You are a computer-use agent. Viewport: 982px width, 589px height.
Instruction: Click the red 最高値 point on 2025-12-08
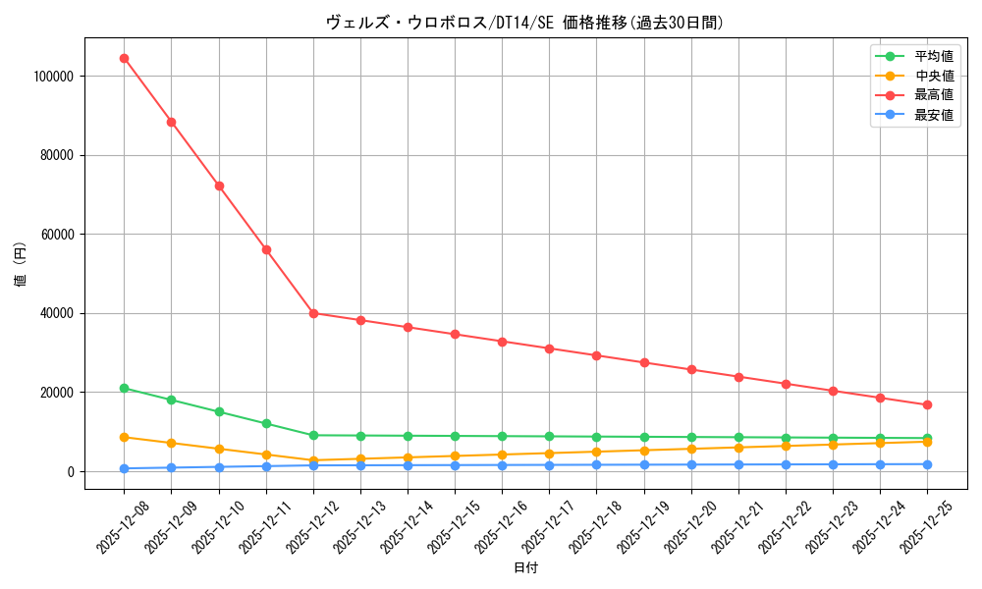124,58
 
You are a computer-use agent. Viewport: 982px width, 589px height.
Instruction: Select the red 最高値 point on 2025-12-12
313,313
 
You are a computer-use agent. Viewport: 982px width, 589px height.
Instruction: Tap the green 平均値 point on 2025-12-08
124,388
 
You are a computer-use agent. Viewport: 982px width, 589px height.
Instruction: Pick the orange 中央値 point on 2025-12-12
313,460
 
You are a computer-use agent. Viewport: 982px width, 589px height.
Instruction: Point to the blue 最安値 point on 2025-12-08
124,468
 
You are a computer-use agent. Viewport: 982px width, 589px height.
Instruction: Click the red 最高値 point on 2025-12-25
927,404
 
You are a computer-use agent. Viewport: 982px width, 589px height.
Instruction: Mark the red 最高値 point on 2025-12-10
219,186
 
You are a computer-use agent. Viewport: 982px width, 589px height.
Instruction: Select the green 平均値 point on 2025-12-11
266,423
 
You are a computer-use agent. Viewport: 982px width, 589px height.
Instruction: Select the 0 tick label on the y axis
71,472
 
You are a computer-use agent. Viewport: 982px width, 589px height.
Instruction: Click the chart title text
524,23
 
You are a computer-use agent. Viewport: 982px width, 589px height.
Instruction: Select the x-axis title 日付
525,567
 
